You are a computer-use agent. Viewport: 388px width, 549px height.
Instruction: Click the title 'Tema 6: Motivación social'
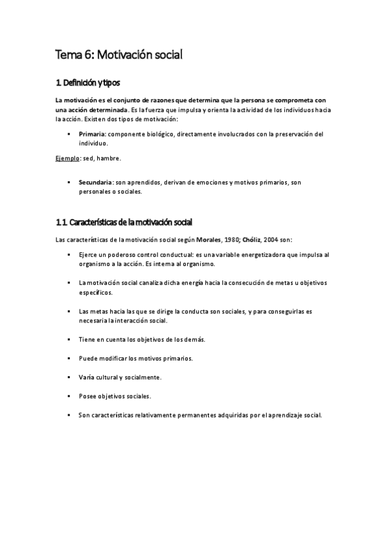point(119,55)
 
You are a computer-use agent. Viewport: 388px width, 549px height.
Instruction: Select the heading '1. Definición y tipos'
point(88,83)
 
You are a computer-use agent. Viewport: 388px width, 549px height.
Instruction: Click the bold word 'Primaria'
point(92,134)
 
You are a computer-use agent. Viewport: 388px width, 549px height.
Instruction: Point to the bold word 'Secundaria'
point(96,183)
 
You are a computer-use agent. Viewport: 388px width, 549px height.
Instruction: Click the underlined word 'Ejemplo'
point(65,158)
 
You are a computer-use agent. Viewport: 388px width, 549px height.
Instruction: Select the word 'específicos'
point(95,292)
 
